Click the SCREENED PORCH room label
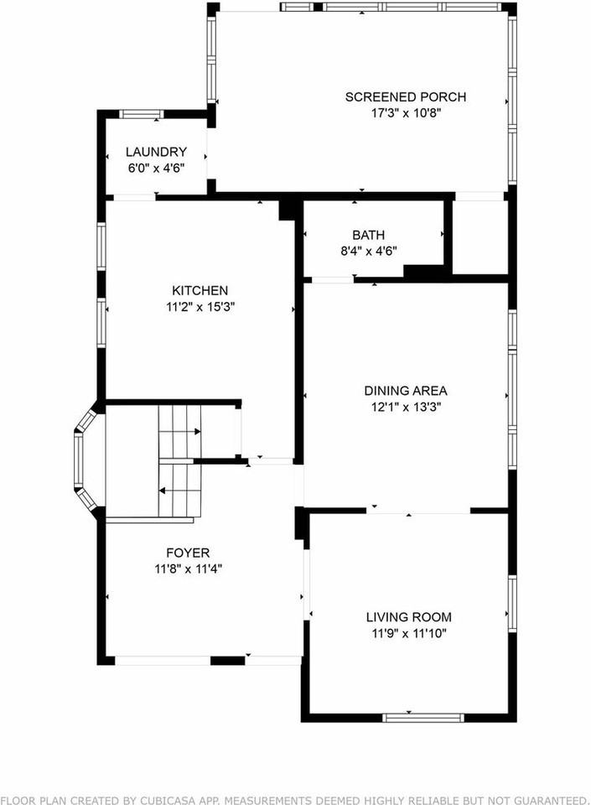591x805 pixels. point(405,97)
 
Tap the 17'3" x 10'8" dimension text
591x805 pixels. point(405,113)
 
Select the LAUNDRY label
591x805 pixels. point(156,152)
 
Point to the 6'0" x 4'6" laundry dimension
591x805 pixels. point(156,168)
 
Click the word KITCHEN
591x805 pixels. point(200,290)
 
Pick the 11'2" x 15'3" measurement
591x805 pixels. point(200,306)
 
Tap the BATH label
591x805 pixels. point(369,235)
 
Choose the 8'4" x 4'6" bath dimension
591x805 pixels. point(369,251)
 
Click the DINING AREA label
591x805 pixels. point(405,390)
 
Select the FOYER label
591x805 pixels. point(188,553)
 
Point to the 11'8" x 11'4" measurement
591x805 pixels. point(188,569)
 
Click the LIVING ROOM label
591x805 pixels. point(409,617)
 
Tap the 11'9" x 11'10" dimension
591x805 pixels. point(409,633)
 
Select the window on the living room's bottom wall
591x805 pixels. point(423,717)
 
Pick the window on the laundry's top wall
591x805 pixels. point(141,113)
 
